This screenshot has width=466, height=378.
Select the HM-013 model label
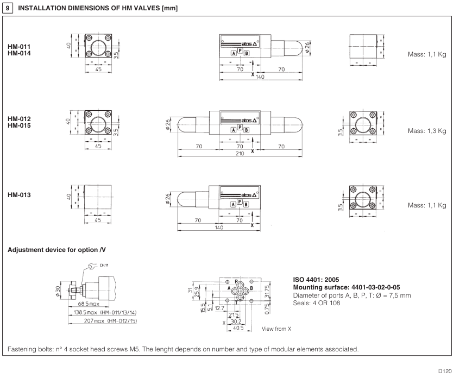click(x=19, y=194)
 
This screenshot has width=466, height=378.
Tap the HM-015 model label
click(x=19, y=125)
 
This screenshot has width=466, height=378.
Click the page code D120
click(x=450, y=371)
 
